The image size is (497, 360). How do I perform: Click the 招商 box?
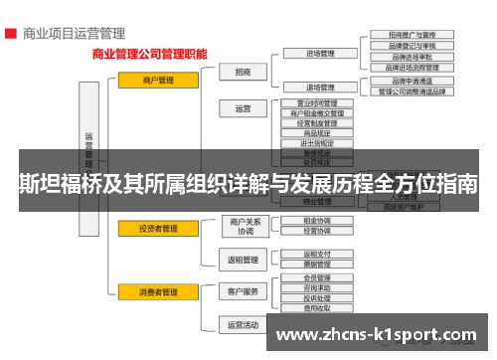pyautogui.click(x=245, y=72)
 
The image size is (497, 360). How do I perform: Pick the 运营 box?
pyautogui.click(x=245, y=108)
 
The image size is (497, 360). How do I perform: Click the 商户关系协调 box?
pyautogui.click(x=245, y=226)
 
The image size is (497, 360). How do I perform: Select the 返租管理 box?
pyautogui.click(x=245, y=261)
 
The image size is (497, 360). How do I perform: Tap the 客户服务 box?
pyautogui.click(x=245, y=292)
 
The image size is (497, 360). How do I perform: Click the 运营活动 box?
pyautogui.click(x=245, y=325)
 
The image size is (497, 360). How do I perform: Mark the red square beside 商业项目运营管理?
pyautogui.click(x=9, y=33)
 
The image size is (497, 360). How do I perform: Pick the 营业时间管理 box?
pyautogui.click(x=318, y=102)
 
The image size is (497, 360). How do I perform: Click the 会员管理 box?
pyautogui.click(x=318, y=278)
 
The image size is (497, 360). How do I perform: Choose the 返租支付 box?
pyautogui.click(x=318, y=254)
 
